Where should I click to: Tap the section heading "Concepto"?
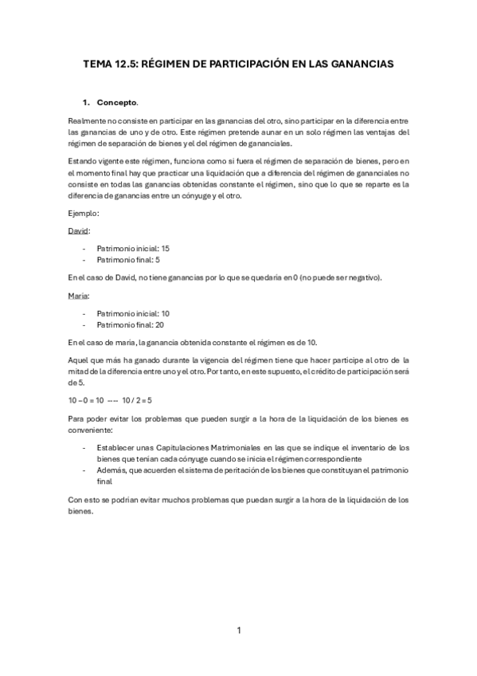[x=116, y=103]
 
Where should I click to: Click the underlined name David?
[x=79, y=230]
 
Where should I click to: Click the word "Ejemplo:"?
[x=84, y=213]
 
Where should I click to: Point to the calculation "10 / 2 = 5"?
[x=138, y=399]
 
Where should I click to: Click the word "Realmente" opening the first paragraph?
[x=88, y=120]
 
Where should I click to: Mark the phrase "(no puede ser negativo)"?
[x=337, y=277]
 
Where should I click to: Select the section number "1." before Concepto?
[x=87, y=103]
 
